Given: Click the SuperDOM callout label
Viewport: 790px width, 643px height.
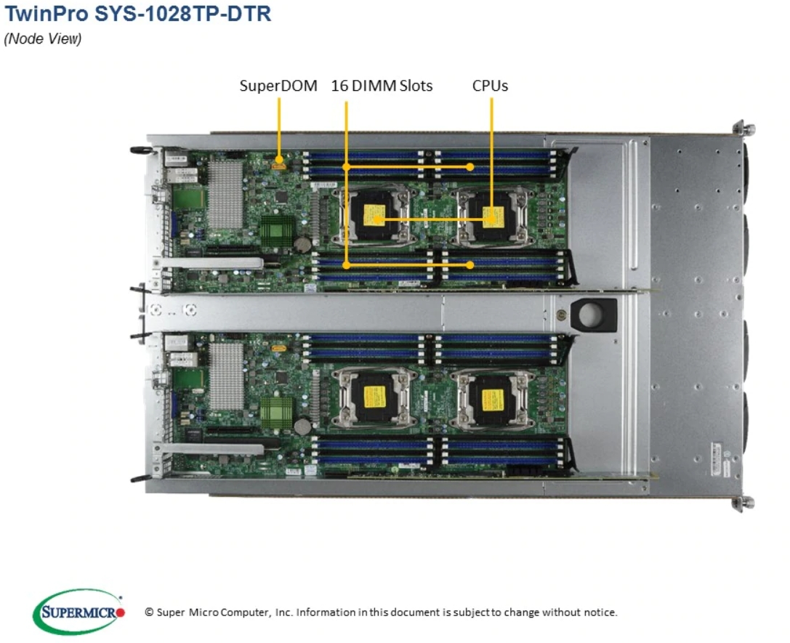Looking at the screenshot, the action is pyautogui.click(x=278, y=86).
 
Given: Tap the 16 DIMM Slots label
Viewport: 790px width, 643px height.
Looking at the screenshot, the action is pyautogui.click(x=382, y=86).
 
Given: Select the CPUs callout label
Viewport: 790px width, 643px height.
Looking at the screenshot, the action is pyautogui.click(x=490, y=86).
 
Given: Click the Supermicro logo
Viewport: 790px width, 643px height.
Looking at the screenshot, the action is pyautogui.click(x=78, y=611).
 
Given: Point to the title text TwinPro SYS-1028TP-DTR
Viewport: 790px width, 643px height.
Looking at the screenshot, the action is pyautogui.click(x=137, y=14).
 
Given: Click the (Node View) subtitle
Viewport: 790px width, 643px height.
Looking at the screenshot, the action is pyautogui.click(x=42, y=39).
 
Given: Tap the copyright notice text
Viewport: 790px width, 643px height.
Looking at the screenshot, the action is pyautogui.click(x=381, y=612).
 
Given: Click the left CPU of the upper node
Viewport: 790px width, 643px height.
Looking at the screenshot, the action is pyautogui.click(x=374, y=215).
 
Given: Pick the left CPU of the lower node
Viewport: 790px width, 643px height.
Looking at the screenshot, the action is pyautogui.click(x=374, y=397).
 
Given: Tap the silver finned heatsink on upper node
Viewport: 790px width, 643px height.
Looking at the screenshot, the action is pyautogui.click(x=225, y=195).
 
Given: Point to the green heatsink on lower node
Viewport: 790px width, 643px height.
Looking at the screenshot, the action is pyautogui.click(x=276, y=413).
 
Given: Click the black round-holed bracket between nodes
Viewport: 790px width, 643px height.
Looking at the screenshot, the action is pyautogui.click(x=593, y=315).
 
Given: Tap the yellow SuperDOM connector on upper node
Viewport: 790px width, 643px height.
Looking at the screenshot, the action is pyautogui.click(x=278, y=165).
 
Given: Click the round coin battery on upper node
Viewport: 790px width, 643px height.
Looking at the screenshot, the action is pyautogui.click(x=302, y=245).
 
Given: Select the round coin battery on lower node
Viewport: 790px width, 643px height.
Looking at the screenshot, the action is pyautogui.click(x=302, y=426).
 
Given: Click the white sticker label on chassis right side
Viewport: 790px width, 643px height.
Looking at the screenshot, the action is pyautogui.click(x=720, y=460).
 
